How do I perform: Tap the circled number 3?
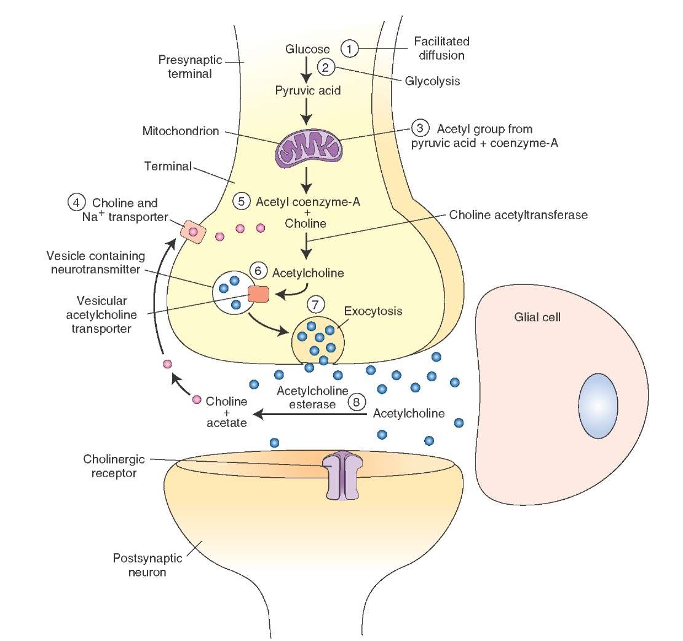419,129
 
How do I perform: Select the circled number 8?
356,402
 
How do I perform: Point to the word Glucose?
308,49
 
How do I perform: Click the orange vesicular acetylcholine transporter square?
258,294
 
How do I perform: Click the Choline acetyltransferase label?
518,216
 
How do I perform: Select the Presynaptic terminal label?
184,67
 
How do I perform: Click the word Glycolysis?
433,81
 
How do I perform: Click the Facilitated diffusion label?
441,48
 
